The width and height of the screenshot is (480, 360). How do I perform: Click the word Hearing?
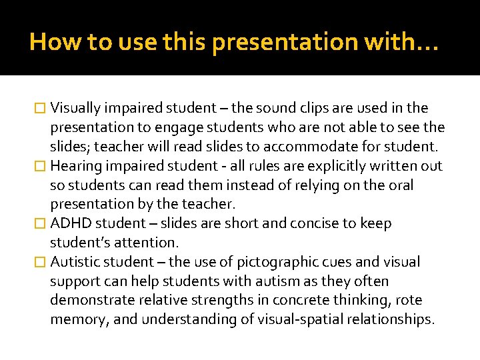74,166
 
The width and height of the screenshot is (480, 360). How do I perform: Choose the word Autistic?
73,262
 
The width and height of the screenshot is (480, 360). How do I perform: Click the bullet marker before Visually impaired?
40,109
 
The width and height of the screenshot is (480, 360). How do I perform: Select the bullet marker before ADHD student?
40,224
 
